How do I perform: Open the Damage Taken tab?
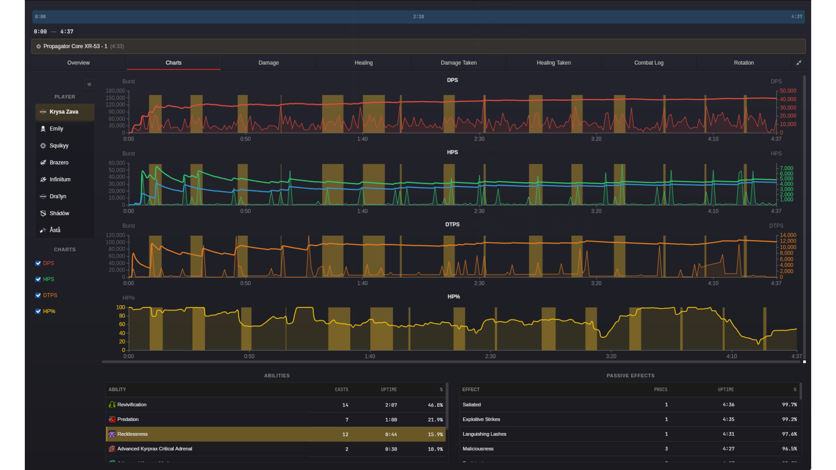458,63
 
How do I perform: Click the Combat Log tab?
648,63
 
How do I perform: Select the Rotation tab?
743,63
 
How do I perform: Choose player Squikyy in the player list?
59,146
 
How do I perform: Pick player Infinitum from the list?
60,179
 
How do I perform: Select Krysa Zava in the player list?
64,112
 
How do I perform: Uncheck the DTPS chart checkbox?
38,295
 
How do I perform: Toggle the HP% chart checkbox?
38,312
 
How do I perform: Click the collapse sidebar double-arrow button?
89,84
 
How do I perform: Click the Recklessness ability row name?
132,434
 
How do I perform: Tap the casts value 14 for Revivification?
345,405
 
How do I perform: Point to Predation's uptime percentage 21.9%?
435,420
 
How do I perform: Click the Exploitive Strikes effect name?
481,420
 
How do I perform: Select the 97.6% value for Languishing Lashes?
789,434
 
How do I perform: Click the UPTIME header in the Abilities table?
388,389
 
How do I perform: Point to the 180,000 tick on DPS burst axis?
115,91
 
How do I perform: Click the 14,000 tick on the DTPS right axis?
788,235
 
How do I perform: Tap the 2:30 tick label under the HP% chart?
490,356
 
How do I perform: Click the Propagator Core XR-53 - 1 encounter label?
75,46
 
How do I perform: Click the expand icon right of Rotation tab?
799,63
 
